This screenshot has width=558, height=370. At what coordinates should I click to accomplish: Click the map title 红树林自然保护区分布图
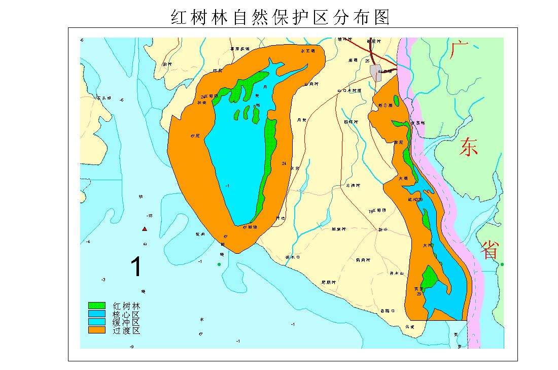coord(280,17)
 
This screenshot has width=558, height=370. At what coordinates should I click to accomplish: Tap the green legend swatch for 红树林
coord(96,306)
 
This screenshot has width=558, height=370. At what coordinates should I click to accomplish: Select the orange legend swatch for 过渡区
coord(96,330)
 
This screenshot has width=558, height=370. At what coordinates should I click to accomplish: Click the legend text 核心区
coord(126,314)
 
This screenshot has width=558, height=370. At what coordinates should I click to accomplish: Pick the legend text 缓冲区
coord(126,322)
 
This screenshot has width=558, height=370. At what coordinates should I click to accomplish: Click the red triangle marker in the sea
coord(145,229)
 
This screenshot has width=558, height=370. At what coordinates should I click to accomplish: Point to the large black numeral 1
coord(135,267)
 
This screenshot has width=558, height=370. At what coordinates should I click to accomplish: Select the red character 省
coord(490,250)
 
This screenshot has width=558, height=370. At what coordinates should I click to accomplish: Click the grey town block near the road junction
coord(376,73)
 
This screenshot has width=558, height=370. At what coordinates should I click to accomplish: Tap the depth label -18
coord(149,216)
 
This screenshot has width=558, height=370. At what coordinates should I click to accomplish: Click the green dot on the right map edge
coord(502,264)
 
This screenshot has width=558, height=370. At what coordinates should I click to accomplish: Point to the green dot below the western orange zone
coord(219,264)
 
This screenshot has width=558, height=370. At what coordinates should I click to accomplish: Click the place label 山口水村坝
coord(350,91)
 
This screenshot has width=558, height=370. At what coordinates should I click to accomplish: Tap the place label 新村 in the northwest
coord(167,64)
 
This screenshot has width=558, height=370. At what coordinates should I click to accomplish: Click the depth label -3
coord(103,280)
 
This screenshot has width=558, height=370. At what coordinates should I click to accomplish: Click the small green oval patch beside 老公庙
coord(396,101)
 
